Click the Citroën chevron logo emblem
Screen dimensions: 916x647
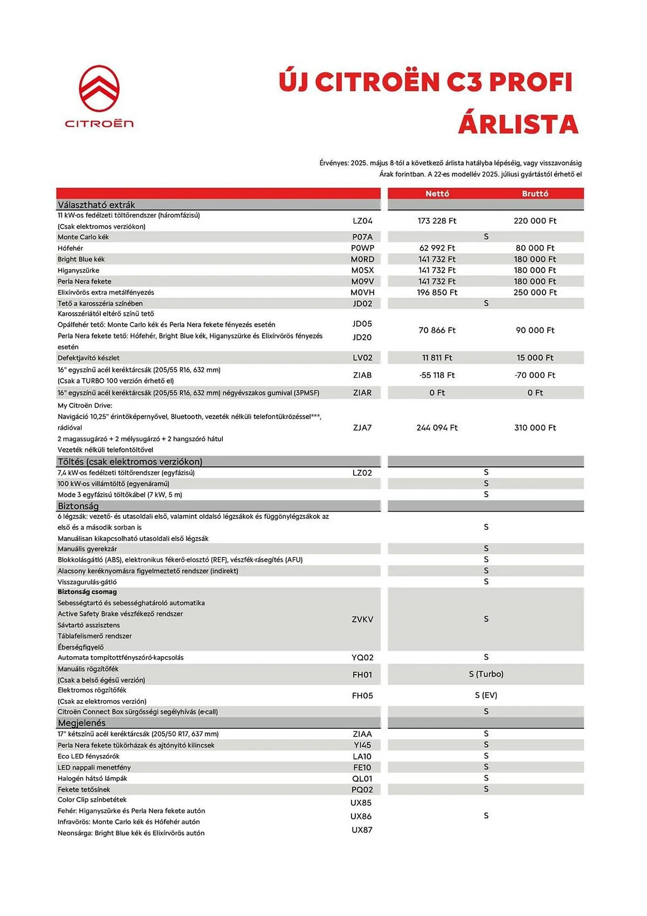99,88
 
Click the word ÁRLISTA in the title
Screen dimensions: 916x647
518,124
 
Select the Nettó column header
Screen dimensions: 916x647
437,193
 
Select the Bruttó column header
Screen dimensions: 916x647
535,193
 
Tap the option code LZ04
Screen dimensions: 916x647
362,221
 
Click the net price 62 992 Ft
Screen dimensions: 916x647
437,248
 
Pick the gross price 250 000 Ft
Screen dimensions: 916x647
535,292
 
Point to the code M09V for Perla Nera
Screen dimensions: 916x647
362,281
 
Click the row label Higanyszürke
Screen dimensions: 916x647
78,270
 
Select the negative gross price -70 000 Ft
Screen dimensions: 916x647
535,375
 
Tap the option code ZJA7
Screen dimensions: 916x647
362,427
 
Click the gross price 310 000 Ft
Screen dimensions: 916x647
535,427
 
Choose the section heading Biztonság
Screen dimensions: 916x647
78,506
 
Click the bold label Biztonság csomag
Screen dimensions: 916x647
87,592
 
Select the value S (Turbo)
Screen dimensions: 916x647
486,674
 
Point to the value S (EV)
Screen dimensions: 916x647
486,695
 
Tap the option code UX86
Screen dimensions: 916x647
361,816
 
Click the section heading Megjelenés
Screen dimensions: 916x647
81,723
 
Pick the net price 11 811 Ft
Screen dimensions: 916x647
437,358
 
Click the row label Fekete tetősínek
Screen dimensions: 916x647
84,789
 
